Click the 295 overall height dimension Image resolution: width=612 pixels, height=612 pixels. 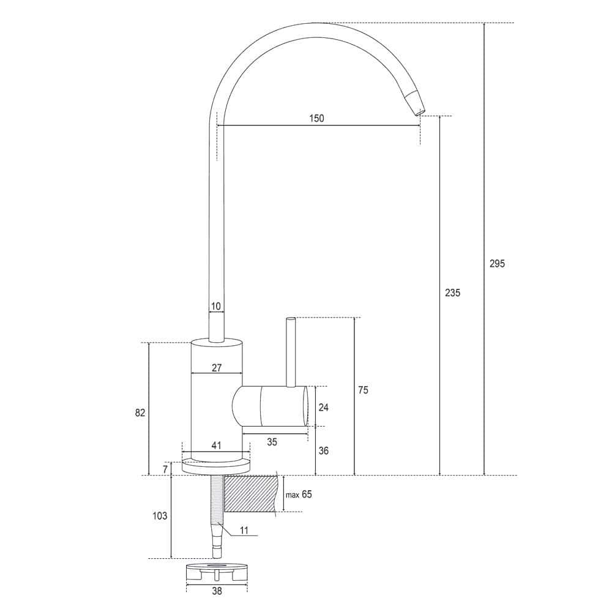497,264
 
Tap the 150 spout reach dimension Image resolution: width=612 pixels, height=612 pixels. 316,119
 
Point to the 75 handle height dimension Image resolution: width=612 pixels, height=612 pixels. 363,390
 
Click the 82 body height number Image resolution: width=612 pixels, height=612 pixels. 140,413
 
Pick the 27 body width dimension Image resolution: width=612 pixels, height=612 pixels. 216,368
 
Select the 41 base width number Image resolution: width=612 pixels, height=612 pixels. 216,446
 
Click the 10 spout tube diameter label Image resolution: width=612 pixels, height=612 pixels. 216,307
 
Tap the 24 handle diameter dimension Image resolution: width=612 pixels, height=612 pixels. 323,407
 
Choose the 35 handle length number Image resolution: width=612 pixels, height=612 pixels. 272,442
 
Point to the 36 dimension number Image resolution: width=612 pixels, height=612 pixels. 323,450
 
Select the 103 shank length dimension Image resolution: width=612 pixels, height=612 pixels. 159,516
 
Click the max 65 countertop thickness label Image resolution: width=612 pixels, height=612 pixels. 299,494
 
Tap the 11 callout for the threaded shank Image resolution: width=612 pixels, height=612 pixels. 244,531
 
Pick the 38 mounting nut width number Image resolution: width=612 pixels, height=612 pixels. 216,592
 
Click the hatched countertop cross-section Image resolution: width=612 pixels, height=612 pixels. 251,494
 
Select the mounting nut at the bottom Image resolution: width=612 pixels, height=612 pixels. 217,572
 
